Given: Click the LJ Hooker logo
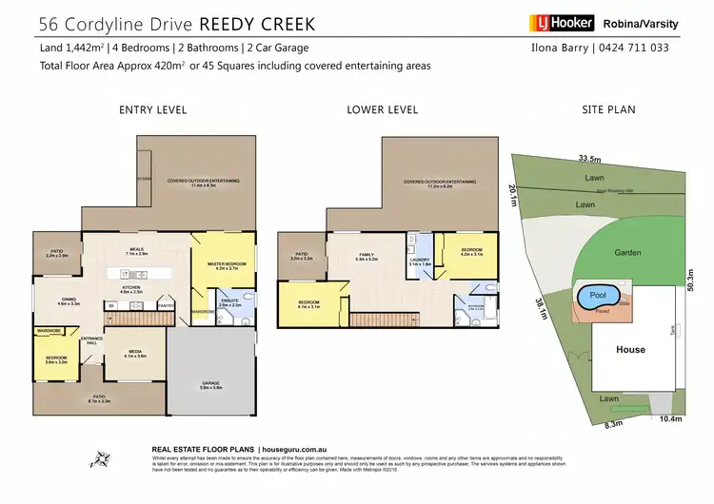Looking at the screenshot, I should click(x=562, y=23).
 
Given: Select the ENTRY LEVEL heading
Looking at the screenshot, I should click(x=152, y=110).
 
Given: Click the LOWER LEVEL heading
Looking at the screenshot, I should click(x=383, y=110).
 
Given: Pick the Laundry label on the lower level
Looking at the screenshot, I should click(x=420, y=260).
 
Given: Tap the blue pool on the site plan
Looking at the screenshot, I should click(x=596, y=297).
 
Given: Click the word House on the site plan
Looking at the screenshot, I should click(x=630, y=350).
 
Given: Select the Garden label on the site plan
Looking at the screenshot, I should click(x=627, y=253).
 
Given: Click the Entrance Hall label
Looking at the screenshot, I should click(x=91, y=339).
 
